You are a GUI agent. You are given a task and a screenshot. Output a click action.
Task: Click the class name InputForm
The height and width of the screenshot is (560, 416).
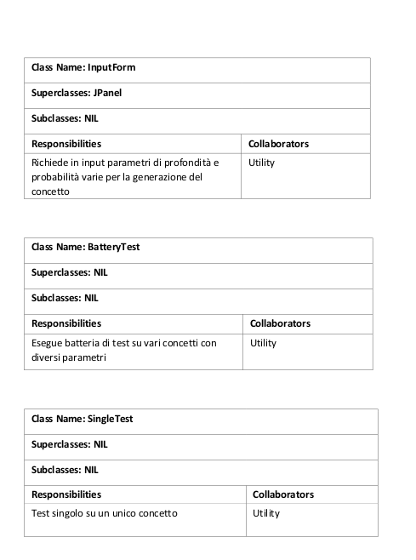(111, 67)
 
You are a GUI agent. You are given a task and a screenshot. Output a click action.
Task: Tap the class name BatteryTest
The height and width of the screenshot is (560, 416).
(113, 247)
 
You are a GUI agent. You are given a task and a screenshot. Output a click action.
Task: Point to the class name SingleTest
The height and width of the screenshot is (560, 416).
(110, 419)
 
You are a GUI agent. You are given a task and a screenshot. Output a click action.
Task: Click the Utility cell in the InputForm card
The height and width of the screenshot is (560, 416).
(261, 163)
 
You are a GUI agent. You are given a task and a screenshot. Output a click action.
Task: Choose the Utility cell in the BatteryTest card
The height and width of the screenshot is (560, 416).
(264, 343)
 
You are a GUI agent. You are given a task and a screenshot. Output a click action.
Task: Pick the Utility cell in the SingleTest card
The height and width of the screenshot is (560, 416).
(266, 513)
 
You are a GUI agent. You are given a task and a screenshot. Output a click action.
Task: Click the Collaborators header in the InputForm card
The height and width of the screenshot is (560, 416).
(278, 144)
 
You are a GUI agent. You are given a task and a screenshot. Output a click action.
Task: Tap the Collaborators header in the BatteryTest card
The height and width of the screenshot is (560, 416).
(280, 323)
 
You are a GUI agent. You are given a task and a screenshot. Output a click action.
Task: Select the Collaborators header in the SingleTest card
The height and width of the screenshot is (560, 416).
(283, 494)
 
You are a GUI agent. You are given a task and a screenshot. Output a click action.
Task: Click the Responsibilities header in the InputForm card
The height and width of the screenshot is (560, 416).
(66, 144)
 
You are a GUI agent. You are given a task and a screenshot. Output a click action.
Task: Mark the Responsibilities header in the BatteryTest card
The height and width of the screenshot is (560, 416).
(66, 323)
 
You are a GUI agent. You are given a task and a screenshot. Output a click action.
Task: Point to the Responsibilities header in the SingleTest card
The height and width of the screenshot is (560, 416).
(66, 494)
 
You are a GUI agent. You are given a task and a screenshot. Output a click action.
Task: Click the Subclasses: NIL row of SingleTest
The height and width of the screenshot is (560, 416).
(65, 470)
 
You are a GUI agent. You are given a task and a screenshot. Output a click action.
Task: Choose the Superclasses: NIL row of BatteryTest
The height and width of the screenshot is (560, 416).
(70, 273)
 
